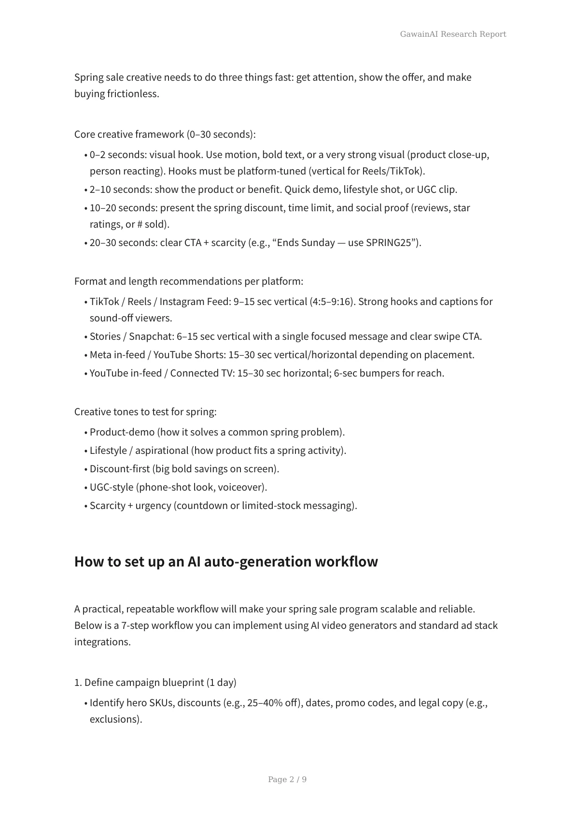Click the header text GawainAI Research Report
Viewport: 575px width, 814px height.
click(x=453, y=34)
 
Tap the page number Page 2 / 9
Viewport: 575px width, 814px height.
click(x=287, y=779)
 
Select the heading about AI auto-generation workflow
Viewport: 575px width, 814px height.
click(x=226, y=562)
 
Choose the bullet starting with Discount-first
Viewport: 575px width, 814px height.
click(x=184, y=469)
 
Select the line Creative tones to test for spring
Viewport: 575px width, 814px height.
click(x=145, y=412)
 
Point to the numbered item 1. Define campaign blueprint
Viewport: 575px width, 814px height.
click(x=155, y=683)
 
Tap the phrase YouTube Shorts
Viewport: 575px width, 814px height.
click(x=188, y=355)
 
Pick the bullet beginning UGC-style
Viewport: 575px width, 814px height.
click(x=178, y=487)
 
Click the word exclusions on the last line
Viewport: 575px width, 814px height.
click(x=115, y=719)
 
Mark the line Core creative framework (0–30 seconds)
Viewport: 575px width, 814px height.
click(x=165, y=134)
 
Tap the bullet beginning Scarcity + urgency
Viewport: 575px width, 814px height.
click(x=223, y=506)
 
